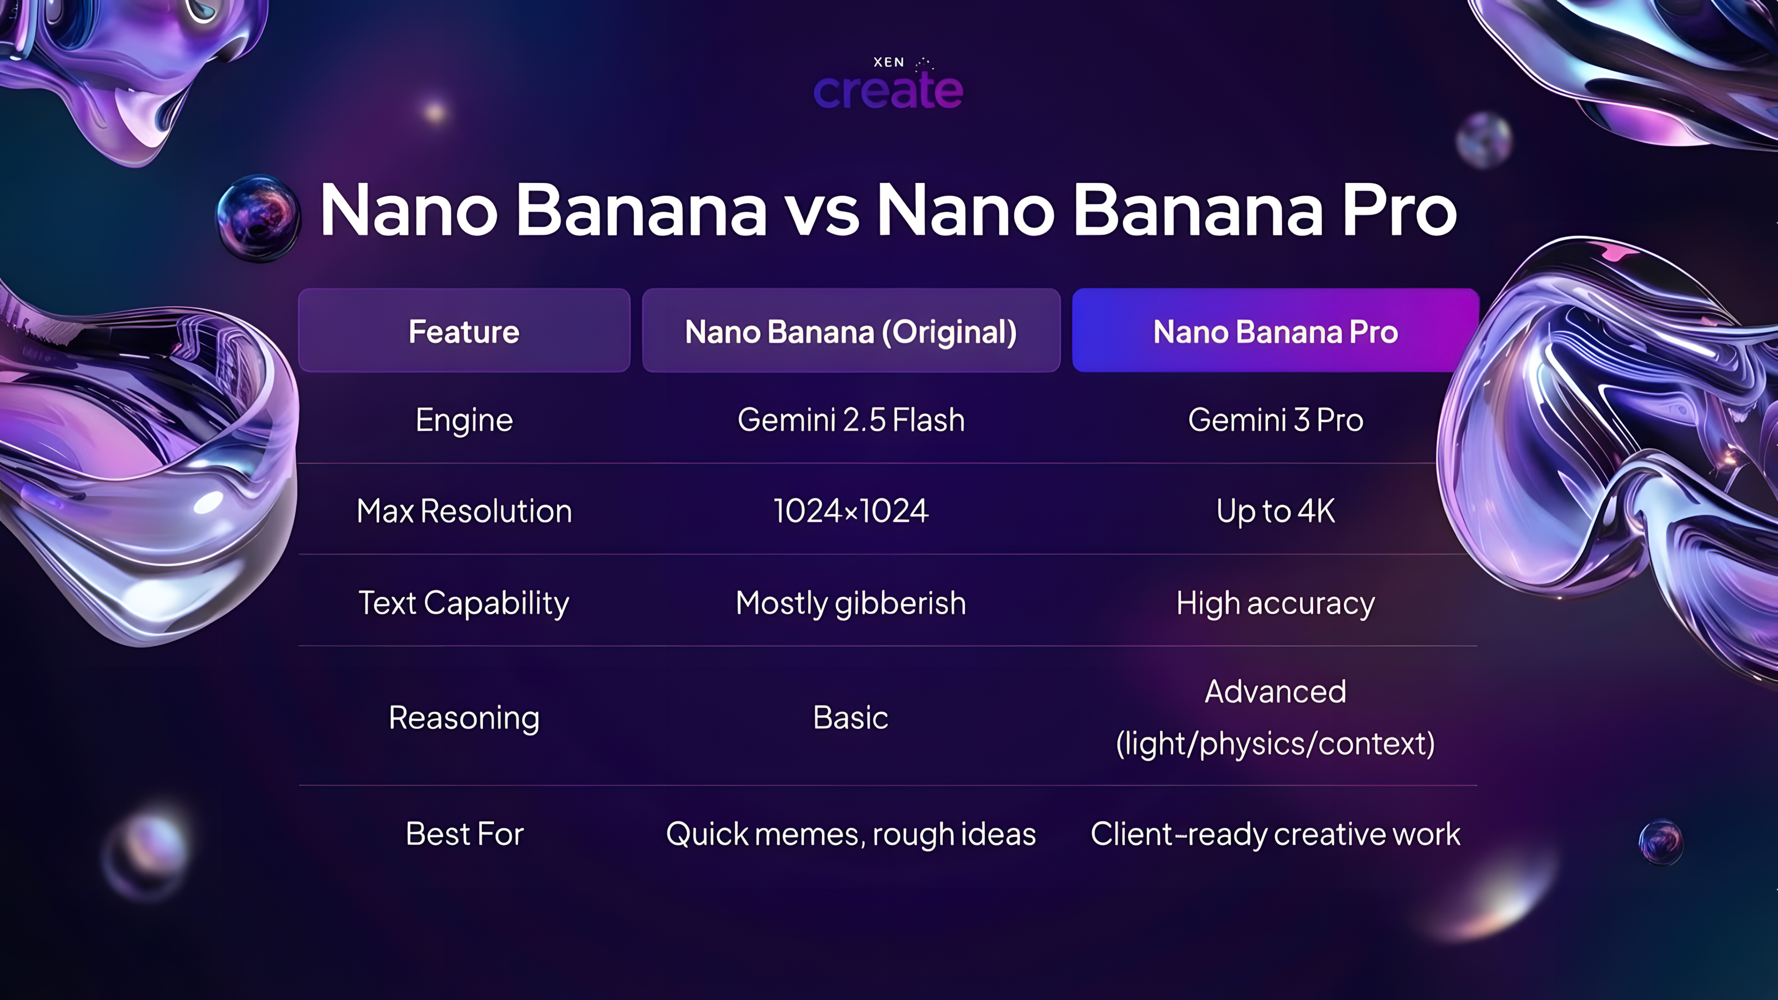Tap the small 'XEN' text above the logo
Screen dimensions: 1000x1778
click(888, 62)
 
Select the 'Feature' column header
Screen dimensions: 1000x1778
click(464, 332)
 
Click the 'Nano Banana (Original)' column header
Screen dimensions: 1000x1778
click(850, 332)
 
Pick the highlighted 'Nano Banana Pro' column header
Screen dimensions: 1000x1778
click(1275, 332)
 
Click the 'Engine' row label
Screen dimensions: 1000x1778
click(464, 420)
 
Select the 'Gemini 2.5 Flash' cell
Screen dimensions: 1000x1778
click(850, 420)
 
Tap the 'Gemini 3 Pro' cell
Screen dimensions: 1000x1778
click(1275, 420)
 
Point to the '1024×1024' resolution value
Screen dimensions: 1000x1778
click(850, 511)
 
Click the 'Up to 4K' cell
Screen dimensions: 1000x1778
click(1275, 511)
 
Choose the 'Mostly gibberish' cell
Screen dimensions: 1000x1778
click(850, 603)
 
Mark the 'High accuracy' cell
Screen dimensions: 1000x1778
click(1275, 603)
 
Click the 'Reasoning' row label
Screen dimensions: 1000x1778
click(464, 718)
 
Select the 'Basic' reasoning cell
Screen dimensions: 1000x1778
click(850, 718)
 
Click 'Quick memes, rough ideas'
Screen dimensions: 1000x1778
click(850, 833)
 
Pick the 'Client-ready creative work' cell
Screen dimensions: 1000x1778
click(1275, 833)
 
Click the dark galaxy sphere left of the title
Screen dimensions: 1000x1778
click(258, 218)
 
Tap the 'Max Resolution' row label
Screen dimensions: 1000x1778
click(464, 511)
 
